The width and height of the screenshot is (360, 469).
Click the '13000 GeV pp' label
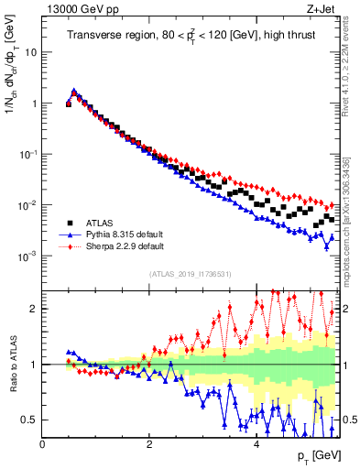tap(76, 8)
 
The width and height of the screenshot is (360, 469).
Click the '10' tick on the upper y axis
tap(30, 52)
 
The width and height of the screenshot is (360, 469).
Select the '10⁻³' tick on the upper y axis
tap(27, 256)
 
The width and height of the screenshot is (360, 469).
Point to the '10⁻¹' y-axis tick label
tap(27, 154)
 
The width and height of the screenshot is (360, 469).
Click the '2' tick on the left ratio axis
tap(35, 309)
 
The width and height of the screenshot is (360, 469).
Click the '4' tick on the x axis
tap(256, 444)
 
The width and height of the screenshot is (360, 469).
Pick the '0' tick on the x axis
tap(42, 444)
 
